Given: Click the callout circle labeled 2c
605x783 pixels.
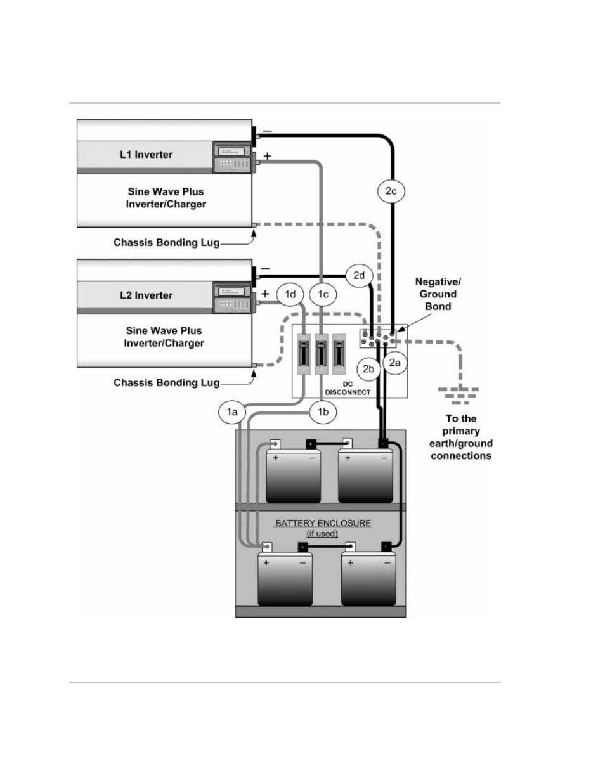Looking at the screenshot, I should (x=391, y=191).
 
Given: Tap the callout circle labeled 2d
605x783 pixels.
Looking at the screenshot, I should (x=359, y=275).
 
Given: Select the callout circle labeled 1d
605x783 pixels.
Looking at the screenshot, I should (x=290, y=294).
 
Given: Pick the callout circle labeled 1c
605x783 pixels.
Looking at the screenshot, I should (x=323, y=294).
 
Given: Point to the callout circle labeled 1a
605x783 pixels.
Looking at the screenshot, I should (x=233, y=412).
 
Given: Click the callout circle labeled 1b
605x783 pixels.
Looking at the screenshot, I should (x=323, y=412).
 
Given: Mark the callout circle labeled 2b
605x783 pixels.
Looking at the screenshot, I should (x=368, y=369).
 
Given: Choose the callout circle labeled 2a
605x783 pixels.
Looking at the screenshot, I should (x=394, y=363).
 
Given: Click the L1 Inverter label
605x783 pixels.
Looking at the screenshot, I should (x=146, y=155).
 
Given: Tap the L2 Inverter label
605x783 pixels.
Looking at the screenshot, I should (x=146, y=295).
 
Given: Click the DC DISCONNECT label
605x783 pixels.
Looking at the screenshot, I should (x=348, y=388).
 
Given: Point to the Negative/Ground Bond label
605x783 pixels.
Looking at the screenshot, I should (x=438, y=294).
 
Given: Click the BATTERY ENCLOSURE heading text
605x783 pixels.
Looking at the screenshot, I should (x=323, y=524).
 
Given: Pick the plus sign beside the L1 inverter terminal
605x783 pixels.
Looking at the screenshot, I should (x=267, y=157).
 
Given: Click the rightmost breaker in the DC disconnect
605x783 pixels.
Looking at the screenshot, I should (x=339, y=358).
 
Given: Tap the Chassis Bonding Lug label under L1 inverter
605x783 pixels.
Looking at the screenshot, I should (x=166, y=243).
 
